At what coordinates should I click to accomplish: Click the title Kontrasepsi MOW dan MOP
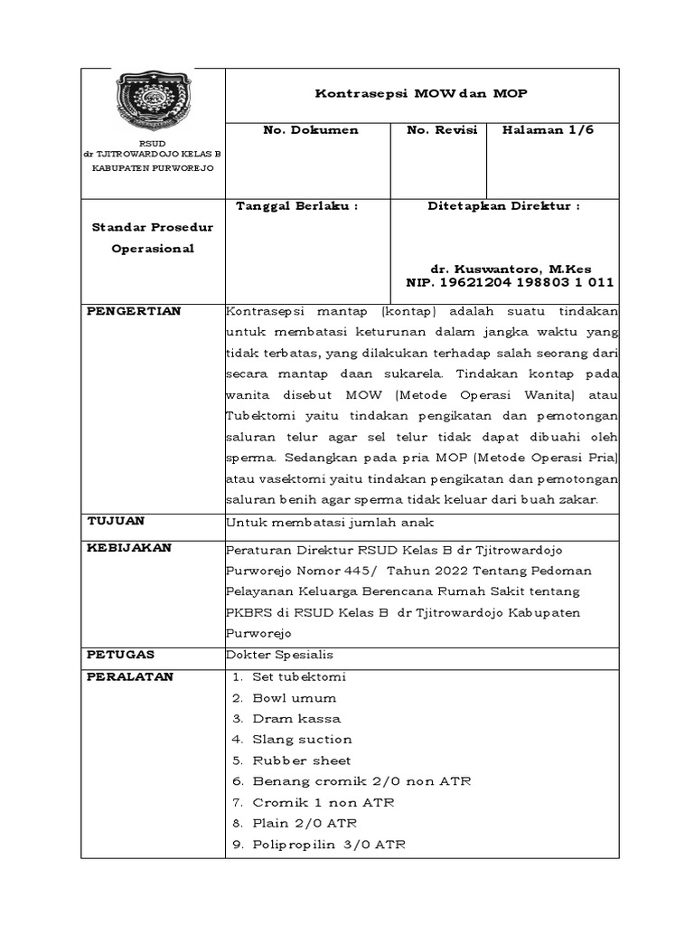coord(420,93)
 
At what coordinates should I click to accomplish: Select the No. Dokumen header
coord(310,130)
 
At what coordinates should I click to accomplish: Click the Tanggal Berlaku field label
coord(296,206)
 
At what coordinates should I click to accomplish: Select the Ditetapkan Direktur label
coord(503,206)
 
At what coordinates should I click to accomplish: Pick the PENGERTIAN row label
coord(134,311)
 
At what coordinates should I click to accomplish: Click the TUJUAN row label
coord(116,521)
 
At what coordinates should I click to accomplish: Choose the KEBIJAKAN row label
coord(128,548)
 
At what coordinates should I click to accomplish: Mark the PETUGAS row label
coord(121,653)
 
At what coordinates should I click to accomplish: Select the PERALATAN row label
coord(129,676)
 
